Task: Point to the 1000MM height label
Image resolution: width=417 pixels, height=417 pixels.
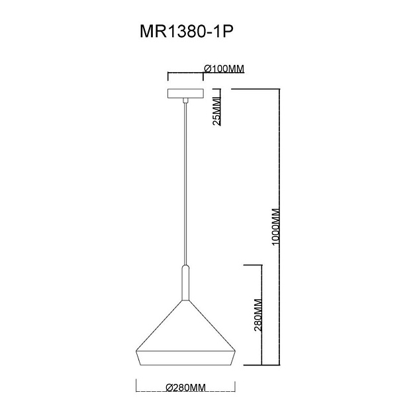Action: coord(277,228)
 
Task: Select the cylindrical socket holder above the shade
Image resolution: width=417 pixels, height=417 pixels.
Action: coord(187,281)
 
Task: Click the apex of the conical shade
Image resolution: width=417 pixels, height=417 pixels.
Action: coord(187,300)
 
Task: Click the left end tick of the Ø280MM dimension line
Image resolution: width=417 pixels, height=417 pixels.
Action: coord(136,387)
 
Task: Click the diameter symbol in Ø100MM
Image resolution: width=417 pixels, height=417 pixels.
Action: coord(207,68)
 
